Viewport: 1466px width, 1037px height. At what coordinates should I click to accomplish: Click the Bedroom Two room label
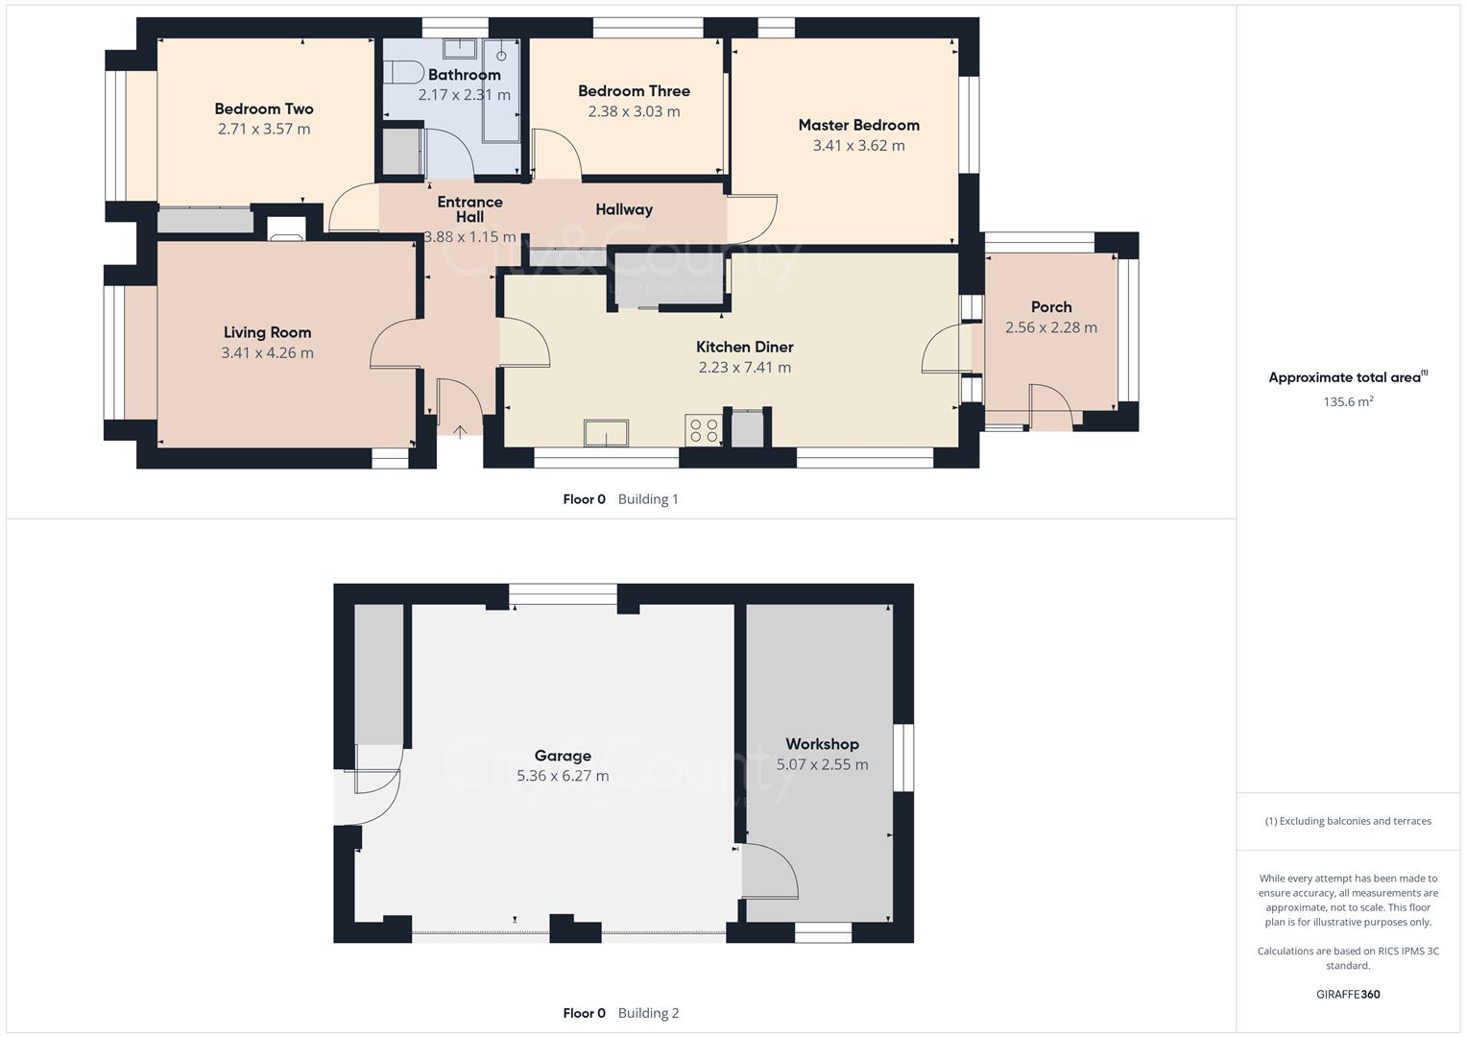click(264, 109)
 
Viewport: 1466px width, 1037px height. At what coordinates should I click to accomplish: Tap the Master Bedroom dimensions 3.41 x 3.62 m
click(858, 146)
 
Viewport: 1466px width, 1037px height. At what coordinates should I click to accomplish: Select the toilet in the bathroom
click(403, 73)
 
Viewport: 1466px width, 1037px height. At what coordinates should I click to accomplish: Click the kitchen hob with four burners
click(703, 429)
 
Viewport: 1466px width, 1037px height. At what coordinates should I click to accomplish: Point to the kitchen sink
click(606, 433)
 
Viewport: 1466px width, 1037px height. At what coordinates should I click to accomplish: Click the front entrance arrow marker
click(460, 432)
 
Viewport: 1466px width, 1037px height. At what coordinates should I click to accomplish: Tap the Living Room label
click(267, 333)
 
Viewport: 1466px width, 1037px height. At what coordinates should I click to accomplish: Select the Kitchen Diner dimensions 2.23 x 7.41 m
click(744, 368)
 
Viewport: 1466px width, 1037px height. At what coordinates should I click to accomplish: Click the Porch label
click(1050, 307)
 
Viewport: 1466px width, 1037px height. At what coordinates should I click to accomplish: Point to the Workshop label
click(822, 744)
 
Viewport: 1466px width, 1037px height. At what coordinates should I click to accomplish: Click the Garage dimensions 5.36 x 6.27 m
click(563, 776)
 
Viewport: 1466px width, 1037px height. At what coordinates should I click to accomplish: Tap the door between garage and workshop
click(769, 872)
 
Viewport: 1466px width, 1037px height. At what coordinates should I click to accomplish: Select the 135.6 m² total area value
click(1348, 402)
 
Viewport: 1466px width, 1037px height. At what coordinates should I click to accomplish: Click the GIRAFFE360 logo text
click(1348, 995)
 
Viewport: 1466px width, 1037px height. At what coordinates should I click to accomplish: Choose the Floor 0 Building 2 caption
click(620, 1013)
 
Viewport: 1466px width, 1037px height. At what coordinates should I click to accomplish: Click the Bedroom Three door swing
click(556, 154)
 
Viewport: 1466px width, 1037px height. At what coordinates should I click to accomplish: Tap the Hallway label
click(624, 209)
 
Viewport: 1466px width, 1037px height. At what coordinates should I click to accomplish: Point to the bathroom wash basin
click(460, 48)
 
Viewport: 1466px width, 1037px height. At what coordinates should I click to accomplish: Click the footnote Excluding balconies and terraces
click(1348, 821)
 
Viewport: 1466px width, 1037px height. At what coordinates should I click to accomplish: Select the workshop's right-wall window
click(902, 758)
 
